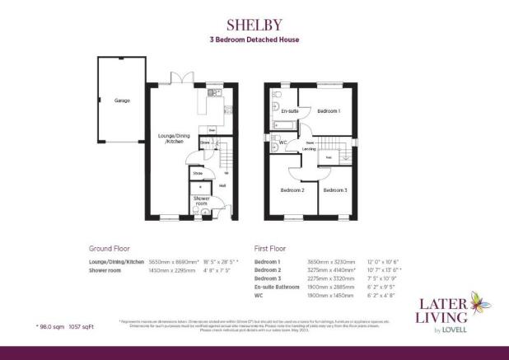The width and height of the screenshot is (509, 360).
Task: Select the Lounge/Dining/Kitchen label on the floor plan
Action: (x=174, y=138)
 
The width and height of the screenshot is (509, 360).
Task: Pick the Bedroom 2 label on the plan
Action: (x=292, y=190)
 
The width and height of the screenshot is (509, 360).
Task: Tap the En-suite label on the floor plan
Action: (x=289, y=110)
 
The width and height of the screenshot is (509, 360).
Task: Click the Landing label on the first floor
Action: (x=312, y=149)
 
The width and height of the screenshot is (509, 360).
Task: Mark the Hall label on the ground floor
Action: (x=222, y=185)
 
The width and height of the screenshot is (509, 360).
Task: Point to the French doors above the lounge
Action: (x=181, y=79)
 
